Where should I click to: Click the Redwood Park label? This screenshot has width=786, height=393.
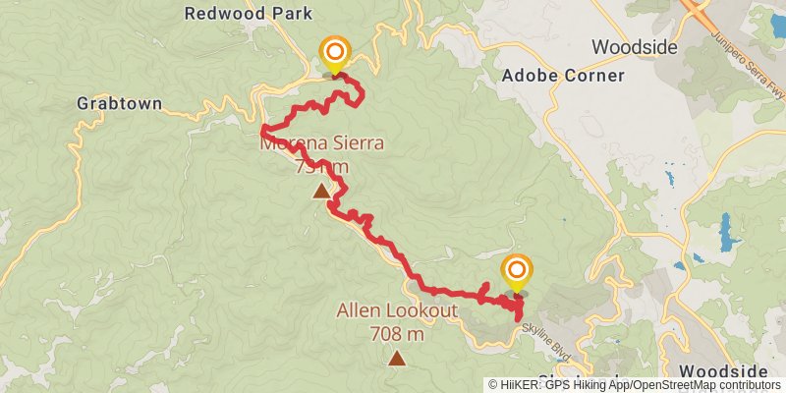(249, 14)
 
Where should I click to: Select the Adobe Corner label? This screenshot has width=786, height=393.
(563, 76)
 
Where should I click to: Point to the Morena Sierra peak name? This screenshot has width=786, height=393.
(321, 143)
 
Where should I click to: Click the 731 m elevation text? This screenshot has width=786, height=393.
(321, 166)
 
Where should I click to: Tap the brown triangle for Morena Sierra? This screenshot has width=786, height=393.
(321, 192)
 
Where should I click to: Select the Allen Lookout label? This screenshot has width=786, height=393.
(397, 312)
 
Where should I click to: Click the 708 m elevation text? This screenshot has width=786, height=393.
(397, 334)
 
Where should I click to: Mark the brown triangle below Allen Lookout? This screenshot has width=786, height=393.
(396, 359)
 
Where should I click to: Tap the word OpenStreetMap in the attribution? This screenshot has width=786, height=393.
(669, 385)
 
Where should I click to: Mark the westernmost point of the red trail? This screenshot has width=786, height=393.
(261, 130)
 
